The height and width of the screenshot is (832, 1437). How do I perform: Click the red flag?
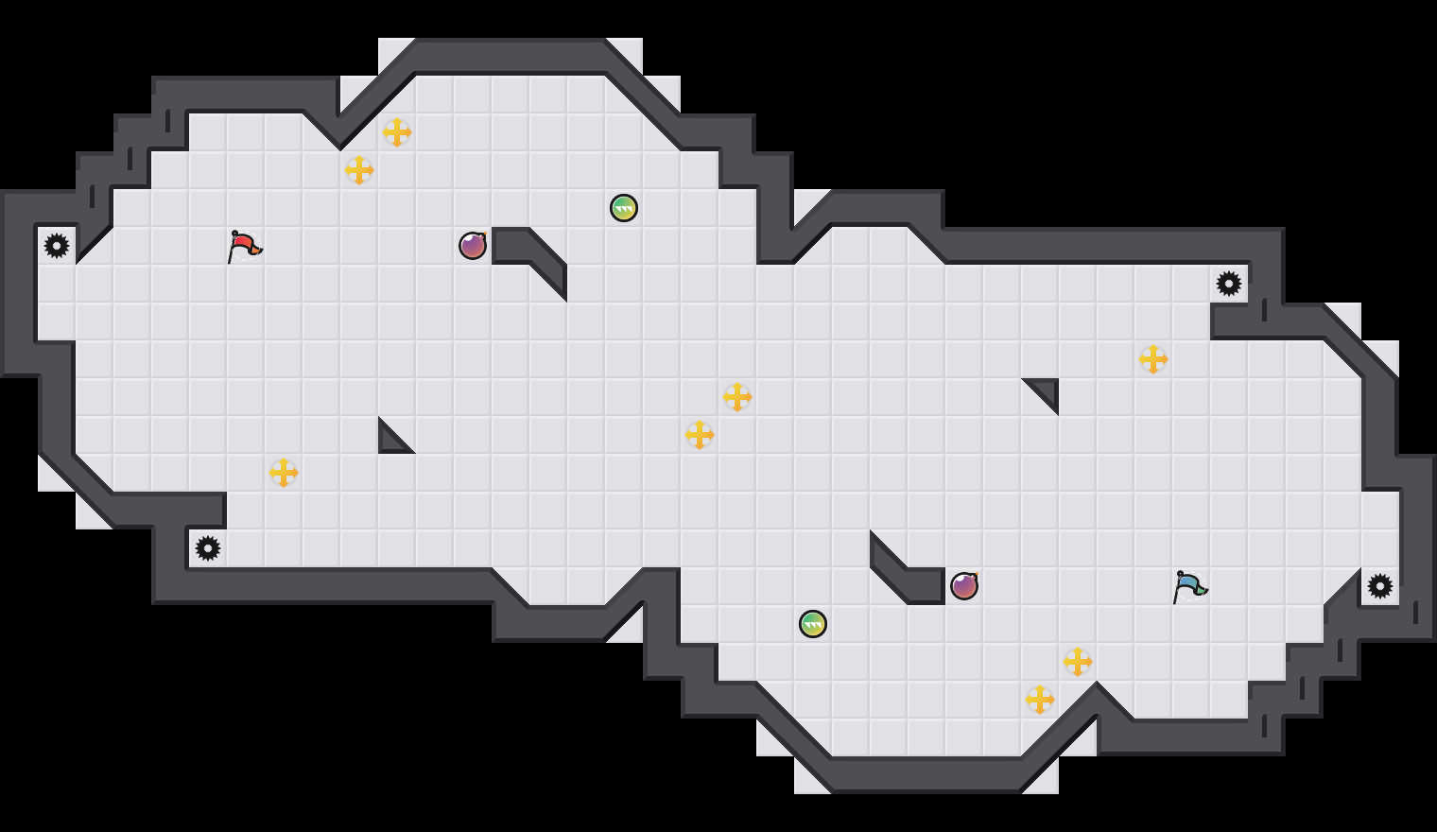[244, 246]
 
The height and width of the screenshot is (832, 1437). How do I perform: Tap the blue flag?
[1188, 586]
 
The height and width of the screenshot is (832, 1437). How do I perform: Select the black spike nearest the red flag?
[57, 246]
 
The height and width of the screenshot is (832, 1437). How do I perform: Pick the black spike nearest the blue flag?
[1380, 586]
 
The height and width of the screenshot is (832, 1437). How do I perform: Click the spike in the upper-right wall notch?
[1229, 284]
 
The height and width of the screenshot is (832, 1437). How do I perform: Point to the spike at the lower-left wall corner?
[208, 548]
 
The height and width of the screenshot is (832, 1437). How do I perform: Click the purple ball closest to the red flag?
[473, 246]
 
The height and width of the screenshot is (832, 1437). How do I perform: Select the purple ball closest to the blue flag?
[964, 586]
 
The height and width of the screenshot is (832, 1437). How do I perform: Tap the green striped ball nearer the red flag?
[624, 208]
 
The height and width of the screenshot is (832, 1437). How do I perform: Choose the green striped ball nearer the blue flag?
[813, 624]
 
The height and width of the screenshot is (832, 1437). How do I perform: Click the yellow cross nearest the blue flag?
[1078, 662]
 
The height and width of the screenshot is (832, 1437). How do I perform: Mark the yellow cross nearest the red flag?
[359, 170]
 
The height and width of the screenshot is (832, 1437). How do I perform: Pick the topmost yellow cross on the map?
[397, 132]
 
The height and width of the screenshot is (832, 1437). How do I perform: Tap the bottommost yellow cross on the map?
[1040, 700]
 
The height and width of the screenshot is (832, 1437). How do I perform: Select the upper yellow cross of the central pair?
[737, 397]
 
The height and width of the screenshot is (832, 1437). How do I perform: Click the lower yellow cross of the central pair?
[700, 435]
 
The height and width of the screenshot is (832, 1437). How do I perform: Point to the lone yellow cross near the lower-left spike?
[284, 473]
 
